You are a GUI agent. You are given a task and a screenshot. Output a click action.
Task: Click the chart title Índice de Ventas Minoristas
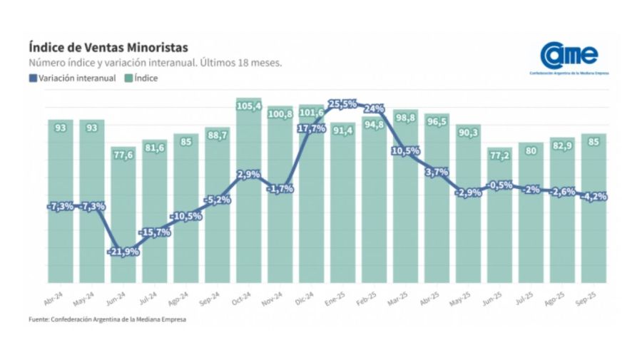[x=108, y=47]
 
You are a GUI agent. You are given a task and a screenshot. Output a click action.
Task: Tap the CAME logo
[x=569, y=56]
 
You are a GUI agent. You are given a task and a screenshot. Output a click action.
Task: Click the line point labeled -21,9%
[x=123, y=252]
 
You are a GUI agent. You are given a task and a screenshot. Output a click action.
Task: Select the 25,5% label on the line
[x=342, y=104]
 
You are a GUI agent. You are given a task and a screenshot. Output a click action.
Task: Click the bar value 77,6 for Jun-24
[x=123, y=155]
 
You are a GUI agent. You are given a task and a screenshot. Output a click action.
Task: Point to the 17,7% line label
[x=312, y=128]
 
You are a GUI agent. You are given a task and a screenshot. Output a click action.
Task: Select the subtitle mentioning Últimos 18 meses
[x=155, y=63]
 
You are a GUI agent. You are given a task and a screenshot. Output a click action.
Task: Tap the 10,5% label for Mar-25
[x=406, y=150]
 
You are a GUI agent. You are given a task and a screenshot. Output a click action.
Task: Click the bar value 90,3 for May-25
[x=469, y=132]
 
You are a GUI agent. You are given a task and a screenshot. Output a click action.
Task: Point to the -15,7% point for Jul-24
[x=155, y=232]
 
